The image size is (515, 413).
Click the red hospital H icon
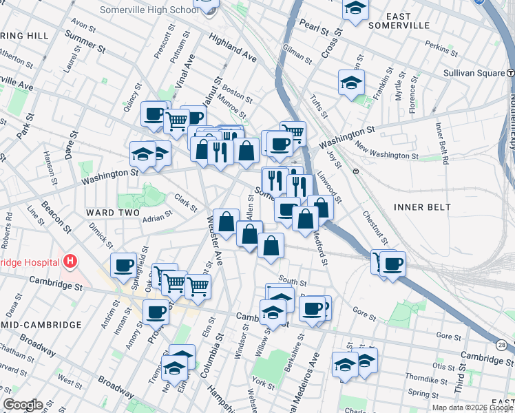[70, 262]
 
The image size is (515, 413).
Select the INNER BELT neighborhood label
[422, 206]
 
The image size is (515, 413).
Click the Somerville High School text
[149, 10]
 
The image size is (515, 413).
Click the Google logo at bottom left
[23, 405]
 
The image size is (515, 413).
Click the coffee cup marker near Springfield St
[125, 264]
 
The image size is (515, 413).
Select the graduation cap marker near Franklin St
[351, 83]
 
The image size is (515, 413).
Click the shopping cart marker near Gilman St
[293, 131]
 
